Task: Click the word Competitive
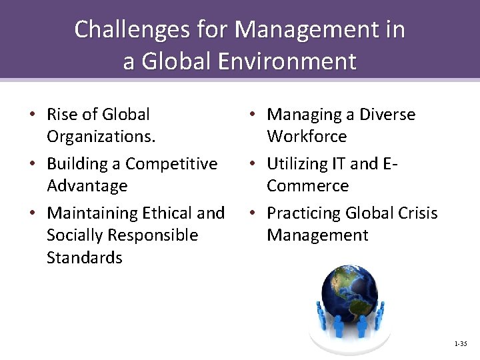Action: click(171, 164)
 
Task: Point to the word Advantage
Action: click(87, 186)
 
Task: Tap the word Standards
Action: click(85, 257)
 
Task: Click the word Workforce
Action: click(307, 137)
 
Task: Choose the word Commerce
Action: click(307, 186)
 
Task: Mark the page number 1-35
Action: click(460, 344)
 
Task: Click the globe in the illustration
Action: click(349, 293)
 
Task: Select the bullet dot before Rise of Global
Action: click(33, 115)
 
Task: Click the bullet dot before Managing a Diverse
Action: click(253, 115)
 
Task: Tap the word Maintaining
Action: click(92, 213)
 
